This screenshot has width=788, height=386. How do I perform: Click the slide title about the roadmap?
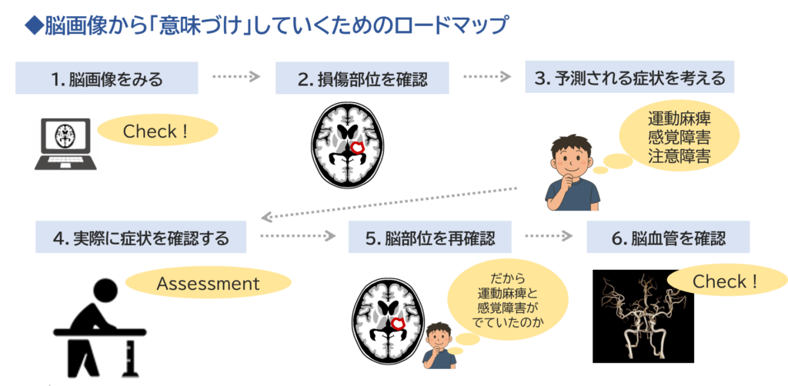click(265, 25)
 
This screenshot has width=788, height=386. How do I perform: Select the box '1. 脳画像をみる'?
click(106, 78)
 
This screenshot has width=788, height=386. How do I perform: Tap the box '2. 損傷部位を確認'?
click(362, 78)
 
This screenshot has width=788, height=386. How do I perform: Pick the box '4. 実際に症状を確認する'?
click(141, 238)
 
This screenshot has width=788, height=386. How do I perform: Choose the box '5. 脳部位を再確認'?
click(429, 238)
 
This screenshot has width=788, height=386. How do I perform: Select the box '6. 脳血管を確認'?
click(668, 238)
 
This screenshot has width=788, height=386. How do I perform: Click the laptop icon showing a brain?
click(65, 145)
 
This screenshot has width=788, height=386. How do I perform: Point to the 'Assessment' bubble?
click(208, 284)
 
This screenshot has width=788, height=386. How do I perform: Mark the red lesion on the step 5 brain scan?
click(399, 324)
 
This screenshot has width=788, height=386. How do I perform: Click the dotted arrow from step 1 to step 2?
click(236, 77)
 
